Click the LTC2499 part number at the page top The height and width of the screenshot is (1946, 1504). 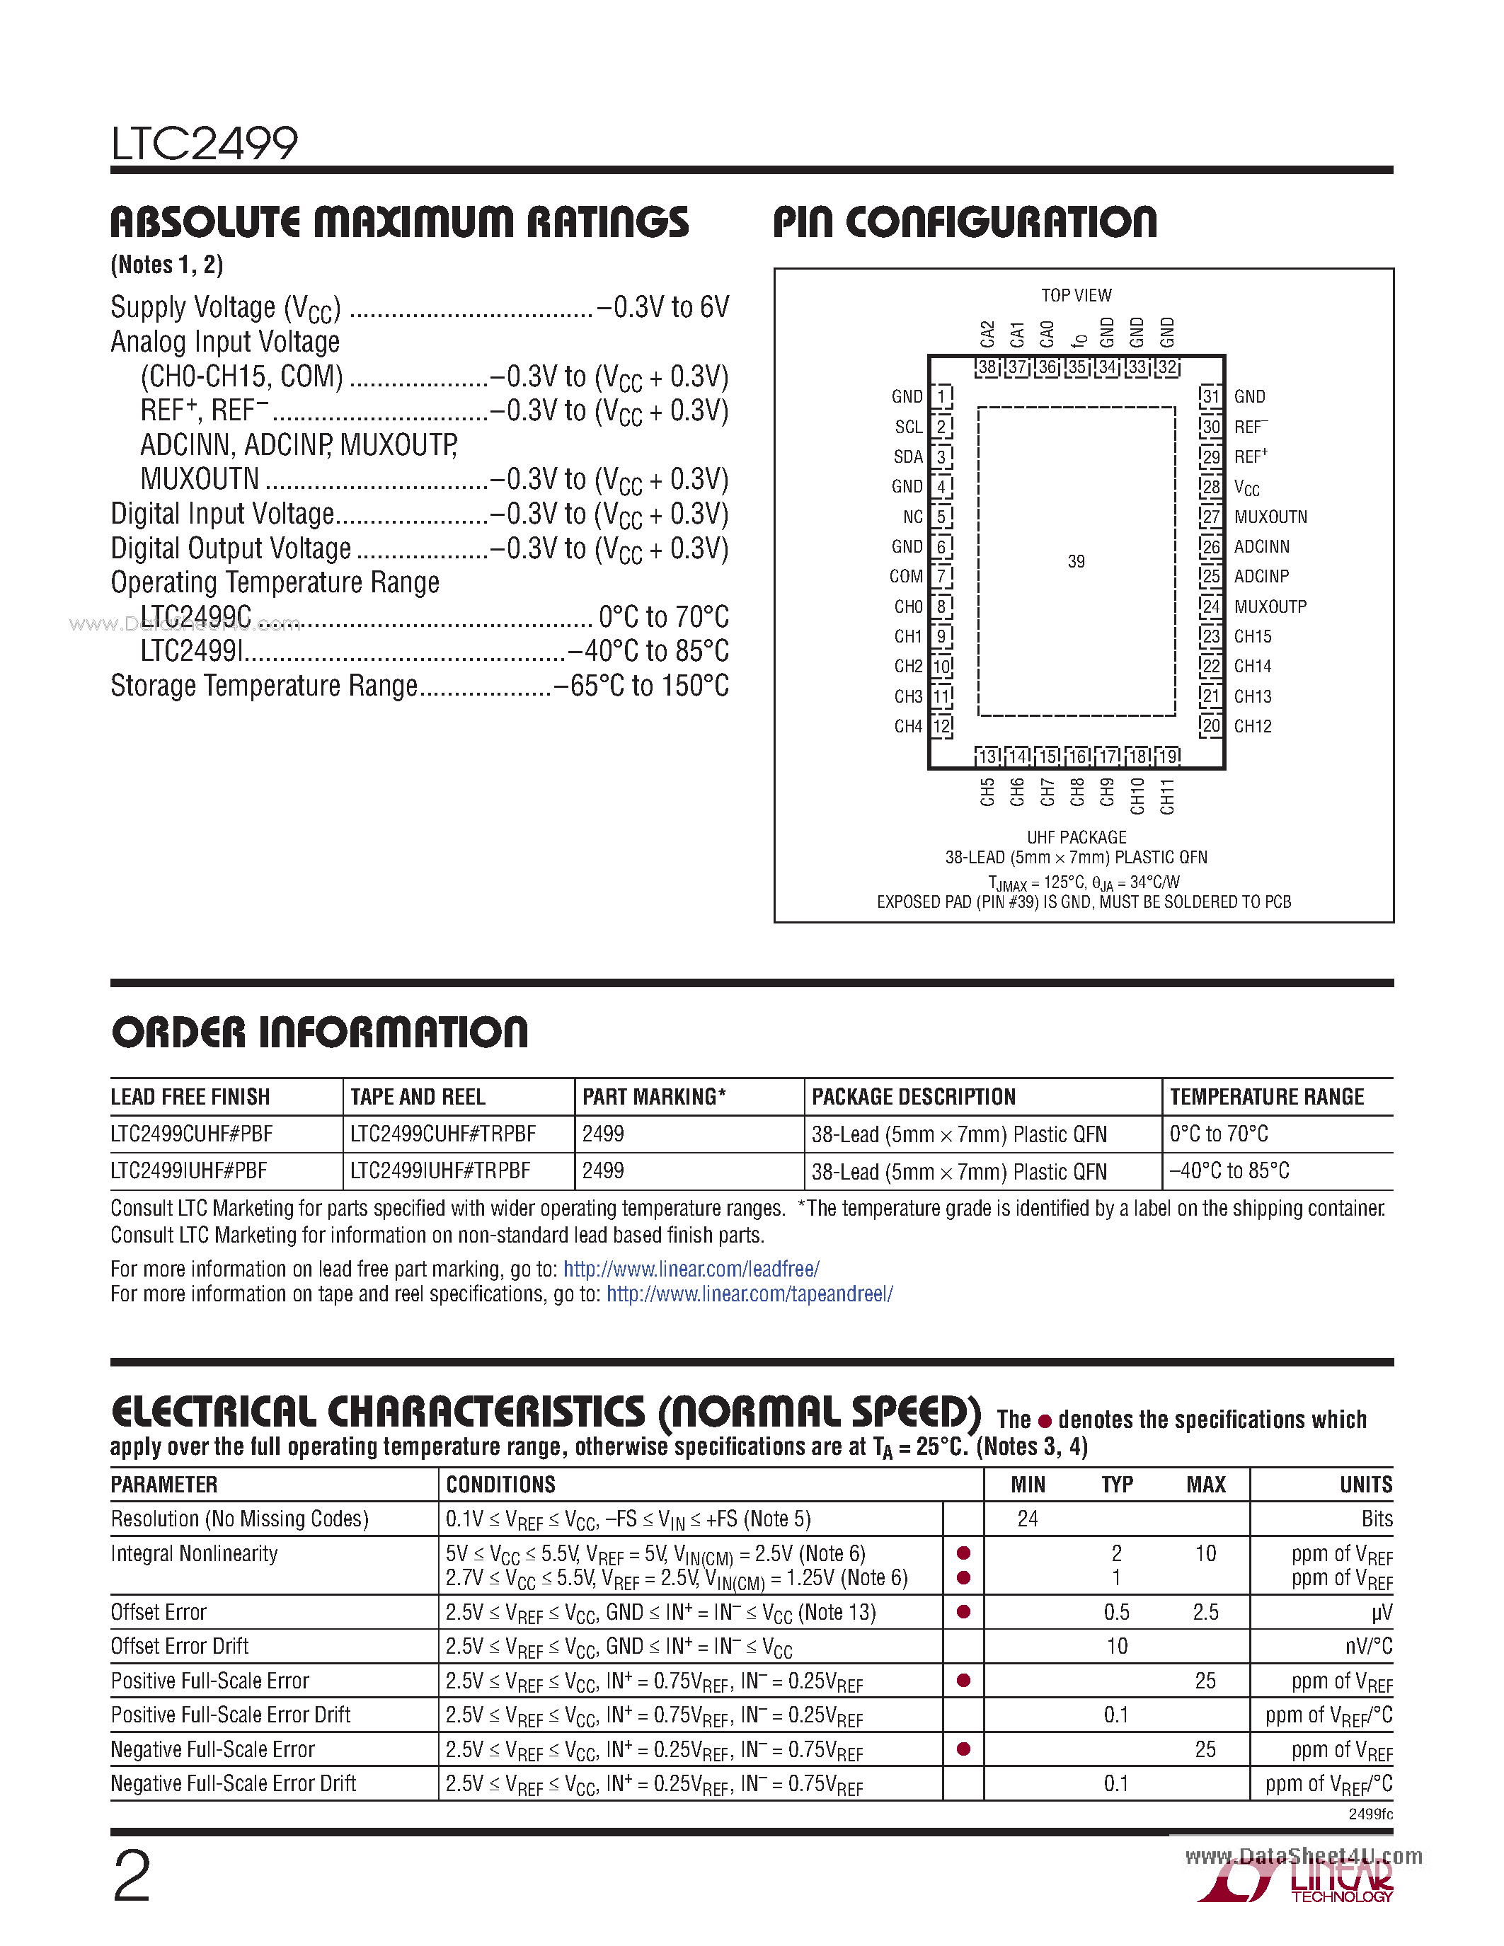pos(204,144)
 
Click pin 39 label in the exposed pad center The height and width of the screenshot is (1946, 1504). pos(1075,561)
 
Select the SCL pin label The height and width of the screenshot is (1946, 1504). pos(908,427)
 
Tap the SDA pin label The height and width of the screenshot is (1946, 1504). pos(908,457)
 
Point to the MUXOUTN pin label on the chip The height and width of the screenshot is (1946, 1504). pos(1270,517)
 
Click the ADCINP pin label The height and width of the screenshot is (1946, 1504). pos(1261,577)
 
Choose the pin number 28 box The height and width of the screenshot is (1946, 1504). pos(1210,487)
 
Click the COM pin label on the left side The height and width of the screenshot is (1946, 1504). pos(905,577)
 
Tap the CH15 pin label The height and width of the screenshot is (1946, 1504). pos(1252,636)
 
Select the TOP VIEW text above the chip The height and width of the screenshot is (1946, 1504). pos(1075,295)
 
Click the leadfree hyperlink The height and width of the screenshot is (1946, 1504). pos(691,1269)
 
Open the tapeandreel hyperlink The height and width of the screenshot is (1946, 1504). pos(750,1294)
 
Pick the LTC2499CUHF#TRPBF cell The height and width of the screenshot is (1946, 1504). pos(443,1134)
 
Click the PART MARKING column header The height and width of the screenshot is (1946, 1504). pos(653,1097)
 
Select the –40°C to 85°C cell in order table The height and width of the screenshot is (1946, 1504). pos(1229,1171)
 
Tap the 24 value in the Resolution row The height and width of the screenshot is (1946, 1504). pos(1027,1519)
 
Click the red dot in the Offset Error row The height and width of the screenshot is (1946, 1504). pos(963,1612)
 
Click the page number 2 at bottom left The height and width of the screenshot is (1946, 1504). pos(132,1876)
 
